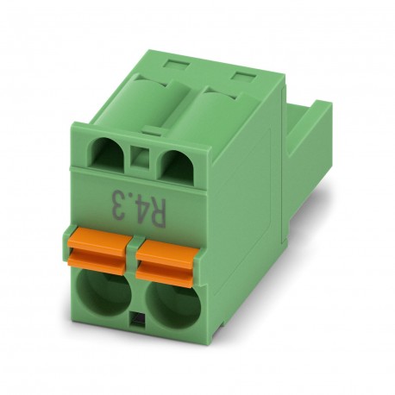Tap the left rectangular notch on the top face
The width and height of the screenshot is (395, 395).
pos(177,61)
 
